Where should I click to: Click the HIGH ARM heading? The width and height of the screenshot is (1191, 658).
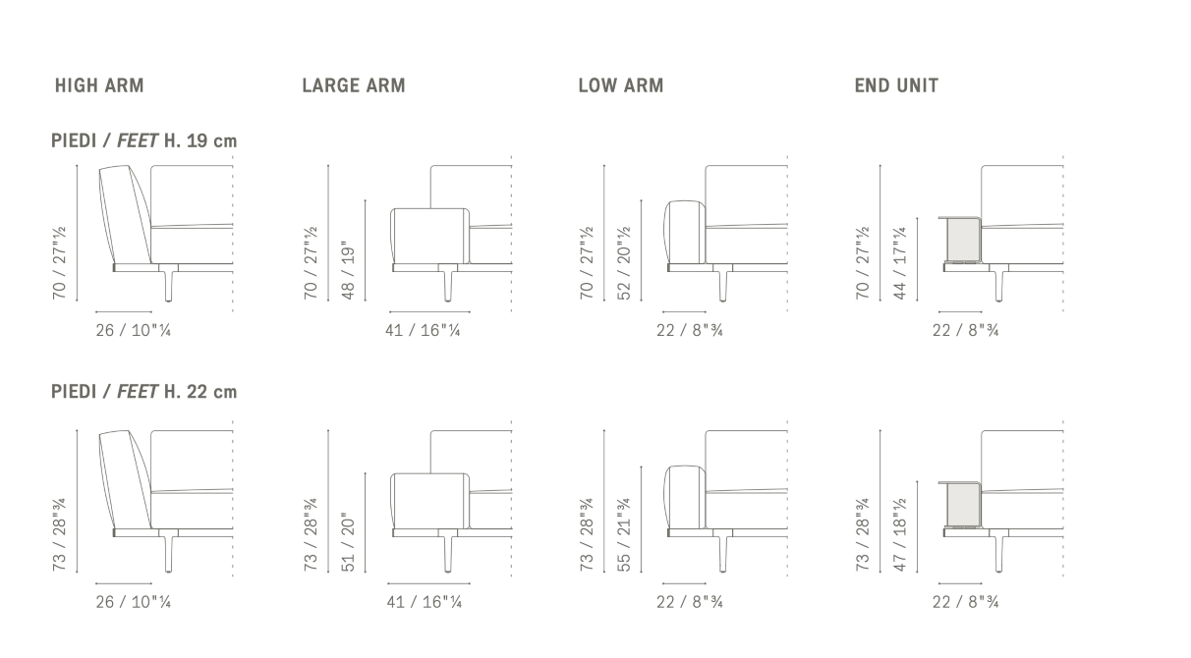(99, 85)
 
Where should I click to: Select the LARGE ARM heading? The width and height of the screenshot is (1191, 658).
(354, 85)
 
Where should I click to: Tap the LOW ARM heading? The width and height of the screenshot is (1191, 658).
(621, 85)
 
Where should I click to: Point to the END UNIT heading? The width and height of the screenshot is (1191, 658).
(896, 85)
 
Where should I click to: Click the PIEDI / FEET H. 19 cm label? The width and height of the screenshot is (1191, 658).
(144, 140)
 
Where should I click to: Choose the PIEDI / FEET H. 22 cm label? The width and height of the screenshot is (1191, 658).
(144, 392)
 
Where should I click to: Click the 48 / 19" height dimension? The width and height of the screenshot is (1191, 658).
(347, 270)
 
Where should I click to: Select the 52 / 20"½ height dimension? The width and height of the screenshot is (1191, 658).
(623, 263)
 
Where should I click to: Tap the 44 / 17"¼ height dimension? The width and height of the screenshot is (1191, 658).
(899, 263)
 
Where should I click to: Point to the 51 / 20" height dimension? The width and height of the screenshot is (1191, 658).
(347, 542)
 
